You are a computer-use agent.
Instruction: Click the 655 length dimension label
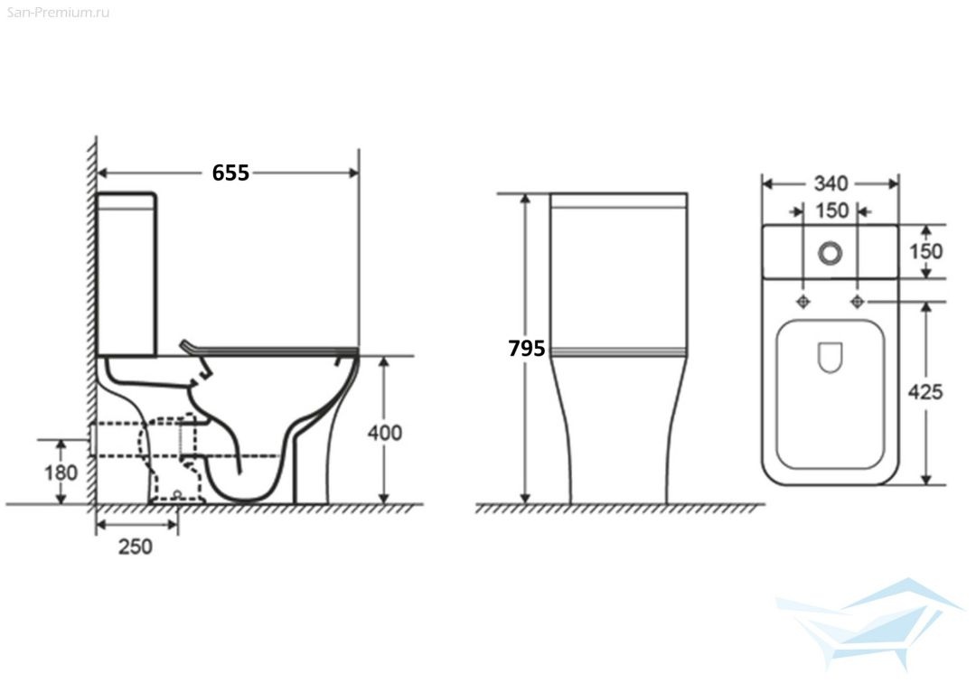pyautogui.click(x=230, y=173)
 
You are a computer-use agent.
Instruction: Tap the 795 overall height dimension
pyautogui.click(x=527, y=349)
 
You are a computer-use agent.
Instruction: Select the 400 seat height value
pyautogui.click(x=385, y=433)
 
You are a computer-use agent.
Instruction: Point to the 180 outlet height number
pyautogui.click(x=61, y=472)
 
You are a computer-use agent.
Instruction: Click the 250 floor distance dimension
pyautogui.click(x=136, y=547)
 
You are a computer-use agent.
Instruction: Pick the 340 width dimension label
pyautogui.click(x=831, y=183)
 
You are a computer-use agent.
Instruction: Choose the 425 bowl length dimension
pyautogui.click(x=925, y=392)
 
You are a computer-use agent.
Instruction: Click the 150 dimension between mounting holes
pyautogui.click(x=831, y=211)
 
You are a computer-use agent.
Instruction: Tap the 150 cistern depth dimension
pyautogui.click(x=926, y=251)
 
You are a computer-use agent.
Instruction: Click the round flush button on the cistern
pyautogui.click(x=831, y=253)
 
